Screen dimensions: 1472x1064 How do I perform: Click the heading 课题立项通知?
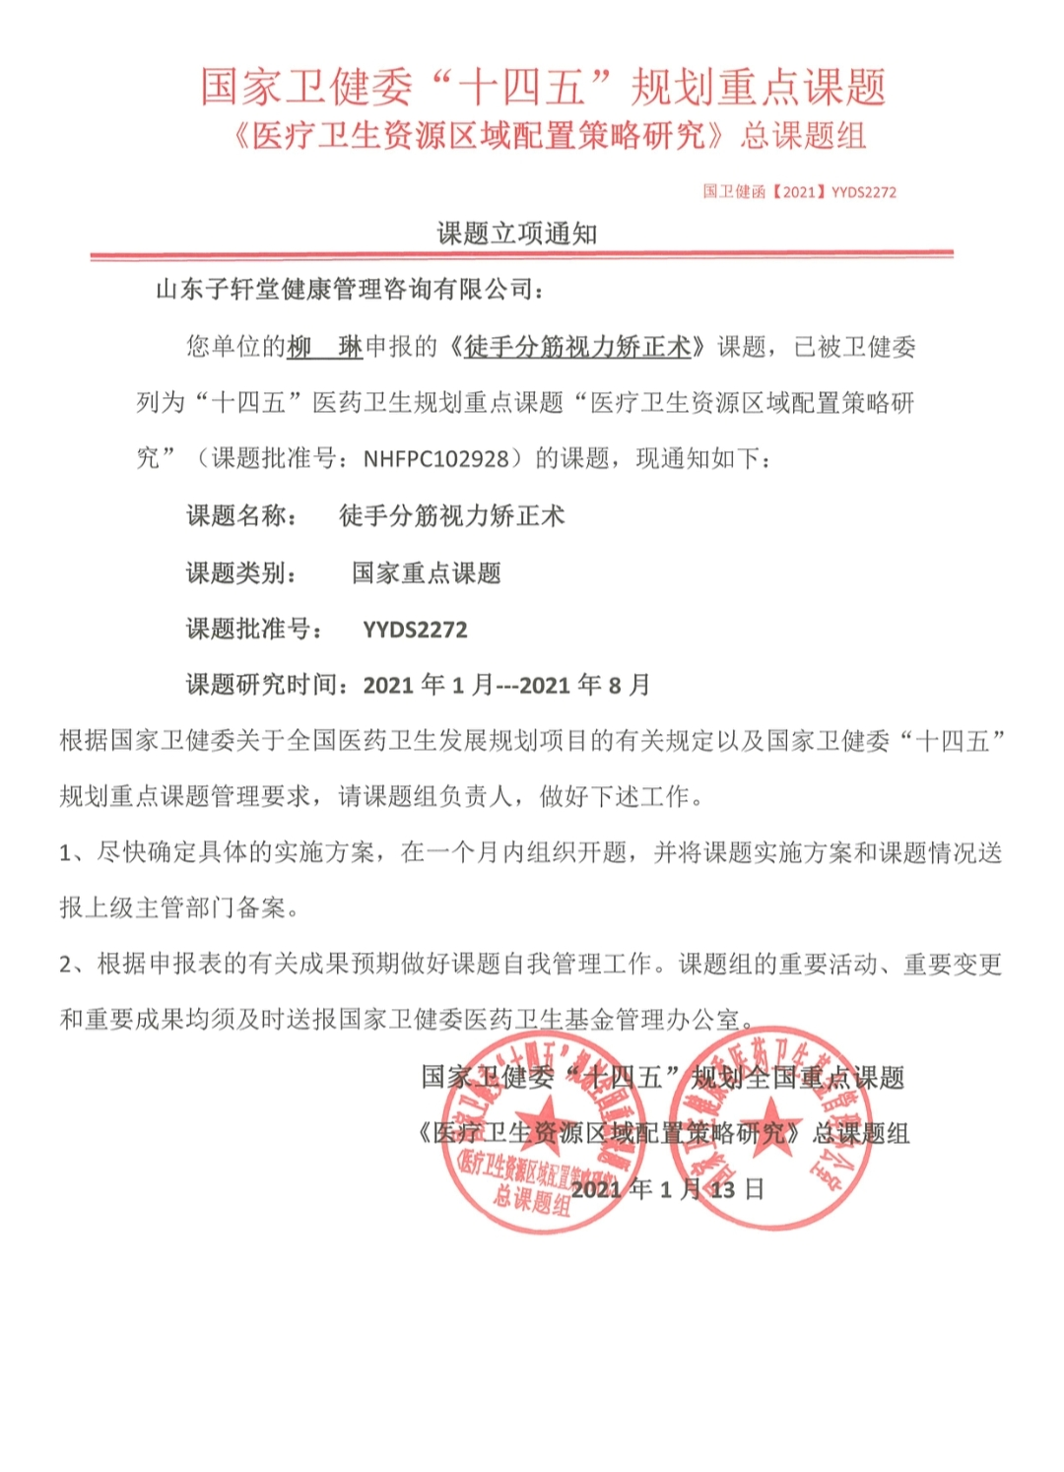pos(517,234)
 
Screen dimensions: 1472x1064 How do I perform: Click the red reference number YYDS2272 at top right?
pos(863,192)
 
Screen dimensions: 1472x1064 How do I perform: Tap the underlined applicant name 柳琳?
pos(324,347)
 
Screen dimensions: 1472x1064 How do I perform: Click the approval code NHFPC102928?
pos(436,459)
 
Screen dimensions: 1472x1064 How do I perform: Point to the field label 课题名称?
pos(240,516)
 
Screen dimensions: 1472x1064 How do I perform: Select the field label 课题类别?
pos(240,573)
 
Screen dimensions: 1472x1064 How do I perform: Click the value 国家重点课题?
pos(427,573)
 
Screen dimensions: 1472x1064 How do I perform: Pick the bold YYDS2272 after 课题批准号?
pos(415,631)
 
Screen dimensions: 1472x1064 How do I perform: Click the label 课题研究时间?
pos(266,686)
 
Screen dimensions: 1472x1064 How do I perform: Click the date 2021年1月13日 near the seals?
pos(667,1189)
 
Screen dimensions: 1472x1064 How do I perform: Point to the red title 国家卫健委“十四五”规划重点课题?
pos(543,87)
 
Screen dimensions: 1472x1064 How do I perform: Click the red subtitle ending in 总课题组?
pos(547,136)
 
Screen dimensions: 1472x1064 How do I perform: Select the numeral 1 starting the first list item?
pos(66,853)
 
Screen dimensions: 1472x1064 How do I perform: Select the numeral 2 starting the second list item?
pos(66,965)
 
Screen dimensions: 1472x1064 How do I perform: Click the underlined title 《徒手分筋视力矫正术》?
pos(577,347)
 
